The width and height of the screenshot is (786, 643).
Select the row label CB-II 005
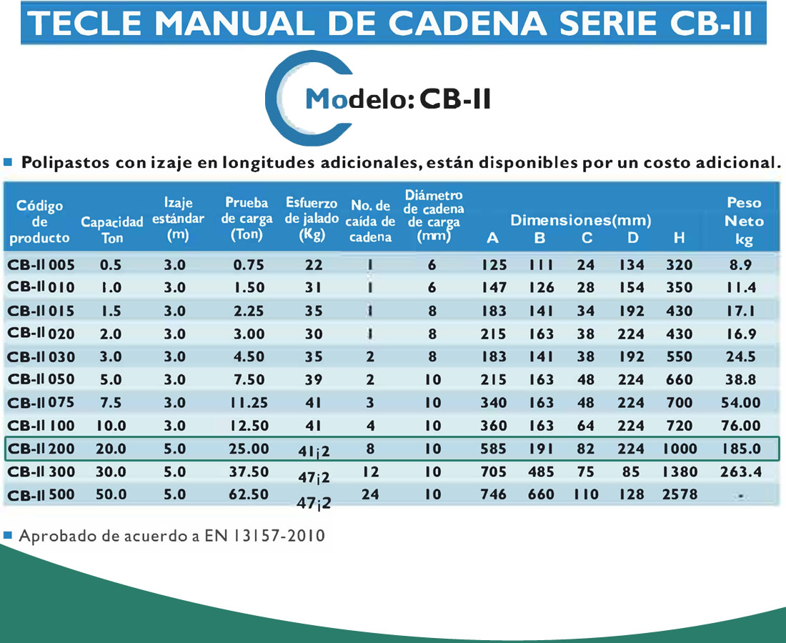pos(41,265)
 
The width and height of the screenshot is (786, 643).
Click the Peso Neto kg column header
pos(744,221)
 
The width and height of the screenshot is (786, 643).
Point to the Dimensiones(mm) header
pos(580,220)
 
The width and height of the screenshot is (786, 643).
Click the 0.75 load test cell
pos(249,265)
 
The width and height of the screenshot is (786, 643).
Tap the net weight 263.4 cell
pos(741,472)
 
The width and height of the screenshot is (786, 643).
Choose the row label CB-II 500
pos(41,494)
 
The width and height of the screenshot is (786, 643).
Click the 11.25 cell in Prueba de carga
pos(249,403)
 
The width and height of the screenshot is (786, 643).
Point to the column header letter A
pos(492,239)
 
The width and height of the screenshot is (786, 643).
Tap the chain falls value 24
pos(370,494)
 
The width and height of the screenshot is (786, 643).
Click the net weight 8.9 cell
pos(741,265)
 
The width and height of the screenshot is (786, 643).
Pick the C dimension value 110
pos(586,494)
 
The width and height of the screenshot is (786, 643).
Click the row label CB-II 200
pos(41,449)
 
